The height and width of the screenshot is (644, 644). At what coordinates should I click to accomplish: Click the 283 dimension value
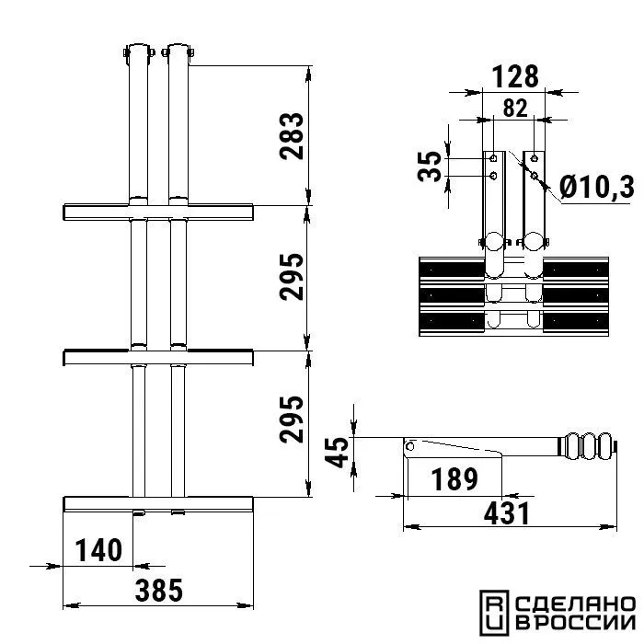(x=292, y=135)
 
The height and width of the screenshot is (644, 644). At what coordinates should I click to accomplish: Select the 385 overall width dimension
(x=159, y=591)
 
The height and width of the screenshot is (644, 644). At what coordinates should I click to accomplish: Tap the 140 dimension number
(x=98, y=550)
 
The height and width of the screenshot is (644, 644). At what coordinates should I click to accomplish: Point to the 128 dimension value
(x=515, y=76)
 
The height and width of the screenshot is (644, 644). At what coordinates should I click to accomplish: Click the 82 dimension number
(x=515, y=108)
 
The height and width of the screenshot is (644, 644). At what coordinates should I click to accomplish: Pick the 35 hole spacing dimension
(x=430, y=167)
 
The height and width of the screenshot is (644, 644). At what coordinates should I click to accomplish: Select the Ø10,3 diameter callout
(x=597, y=188)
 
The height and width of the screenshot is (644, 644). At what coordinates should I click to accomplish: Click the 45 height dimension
(x=337, y=453)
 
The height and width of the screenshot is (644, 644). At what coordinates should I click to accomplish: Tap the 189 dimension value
(x=454, y=479)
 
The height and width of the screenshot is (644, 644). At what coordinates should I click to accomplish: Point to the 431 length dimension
(x=506, y=513)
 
